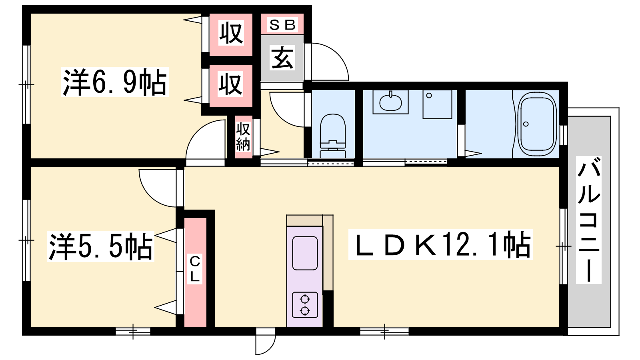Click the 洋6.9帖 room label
[x=115, y=82]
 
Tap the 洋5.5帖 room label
[x=100, y=246]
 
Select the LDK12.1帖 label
[x=440, y=244]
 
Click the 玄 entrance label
[x=282, y=58]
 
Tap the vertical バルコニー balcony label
[x=588, y=220]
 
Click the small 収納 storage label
[x=243, y=136]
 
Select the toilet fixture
[x=333, y=136]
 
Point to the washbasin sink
[x=390, y=102]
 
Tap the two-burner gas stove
[x=305, y=305]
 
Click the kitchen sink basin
[x=305, y=253]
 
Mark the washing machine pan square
[x=438, y=104]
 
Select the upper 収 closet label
[x=231, y=33]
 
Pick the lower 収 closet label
[x=231, y=84]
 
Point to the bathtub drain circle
[x=526, y=124]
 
